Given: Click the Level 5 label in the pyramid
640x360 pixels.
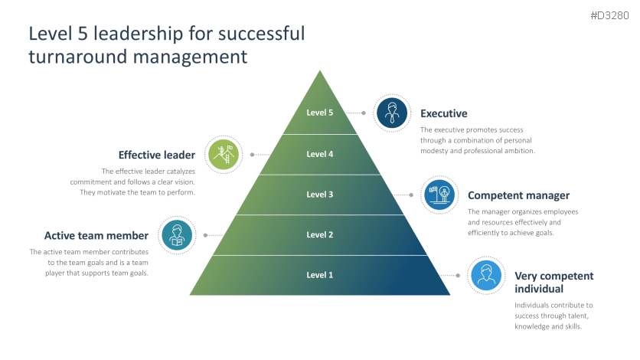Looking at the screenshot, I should coord(320,113).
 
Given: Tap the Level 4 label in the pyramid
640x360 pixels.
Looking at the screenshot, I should coord(320,154).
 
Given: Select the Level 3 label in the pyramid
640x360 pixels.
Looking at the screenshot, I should coord(320,195).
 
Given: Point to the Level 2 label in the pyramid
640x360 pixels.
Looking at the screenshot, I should coord(320,235).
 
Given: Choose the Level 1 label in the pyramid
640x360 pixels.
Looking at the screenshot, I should coord(320,275).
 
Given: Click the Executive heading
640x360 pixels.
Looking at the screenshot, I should coord(444,113).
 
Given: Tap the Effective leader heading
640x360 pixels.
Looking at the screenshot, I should coord(156,155).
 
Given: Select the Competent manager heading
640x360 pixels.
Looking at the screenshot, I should coord(518,195).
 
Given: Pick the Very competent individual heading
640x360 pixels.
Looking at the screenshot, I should coord(553,282).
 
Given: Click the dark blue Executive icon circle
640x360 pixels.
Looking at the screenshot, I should coord(393,113).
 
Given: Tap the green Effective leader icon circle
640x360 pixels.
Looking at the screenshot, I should coord(224,155).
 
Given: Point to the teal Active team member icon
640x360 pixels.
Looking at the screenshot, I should coord(177,235).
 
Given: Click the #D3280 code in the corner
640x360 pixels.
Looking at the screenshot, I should coord(611,15).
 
